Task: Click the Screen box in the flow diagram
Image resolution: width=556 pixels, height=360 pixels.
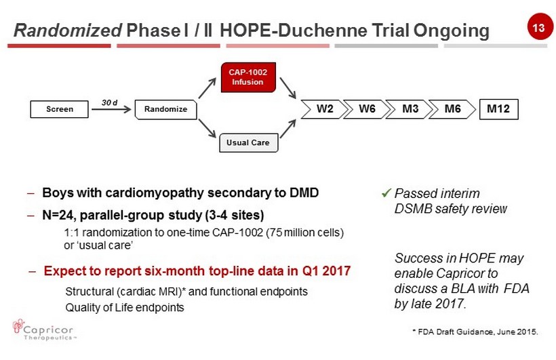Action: (x=59, y=109)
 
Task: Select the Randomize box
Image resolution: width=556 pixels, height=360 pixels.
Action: (x=165, y=109)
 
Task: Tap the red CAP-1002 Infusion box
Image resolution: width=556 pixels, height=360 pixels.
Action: (x=248, y=77)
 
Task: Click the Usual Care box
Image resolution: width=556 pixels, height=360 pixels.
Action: (x=249, y=142)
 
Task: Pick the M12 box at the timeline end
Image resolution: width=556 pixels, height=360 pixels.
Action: (x=498, y=109)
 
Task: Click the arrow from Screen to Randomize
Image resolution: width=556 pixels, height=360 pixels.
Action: (x=111, y=109)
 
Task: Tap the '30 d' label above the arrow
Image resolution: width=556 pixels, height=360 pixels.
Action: (x=109, y=102)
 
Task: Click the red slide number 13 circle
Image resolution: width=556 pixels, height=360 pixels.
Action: (x=538, y=27)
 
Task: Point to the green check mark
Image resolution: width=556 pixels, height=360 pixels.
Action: (x=386, y=193)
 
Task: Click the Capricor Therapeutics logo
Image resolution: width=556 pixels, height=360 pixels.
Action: (x=43, y=330)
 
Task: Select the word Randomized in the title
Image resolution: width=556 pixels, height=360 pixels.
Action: (x=68, y=30)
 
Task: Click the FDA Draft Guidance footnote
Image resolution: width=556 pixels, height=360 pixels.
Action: (x=475, y=332)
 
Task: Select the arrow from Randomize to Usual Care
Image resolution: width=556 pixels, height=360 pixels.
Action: (x=207, y=128)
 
